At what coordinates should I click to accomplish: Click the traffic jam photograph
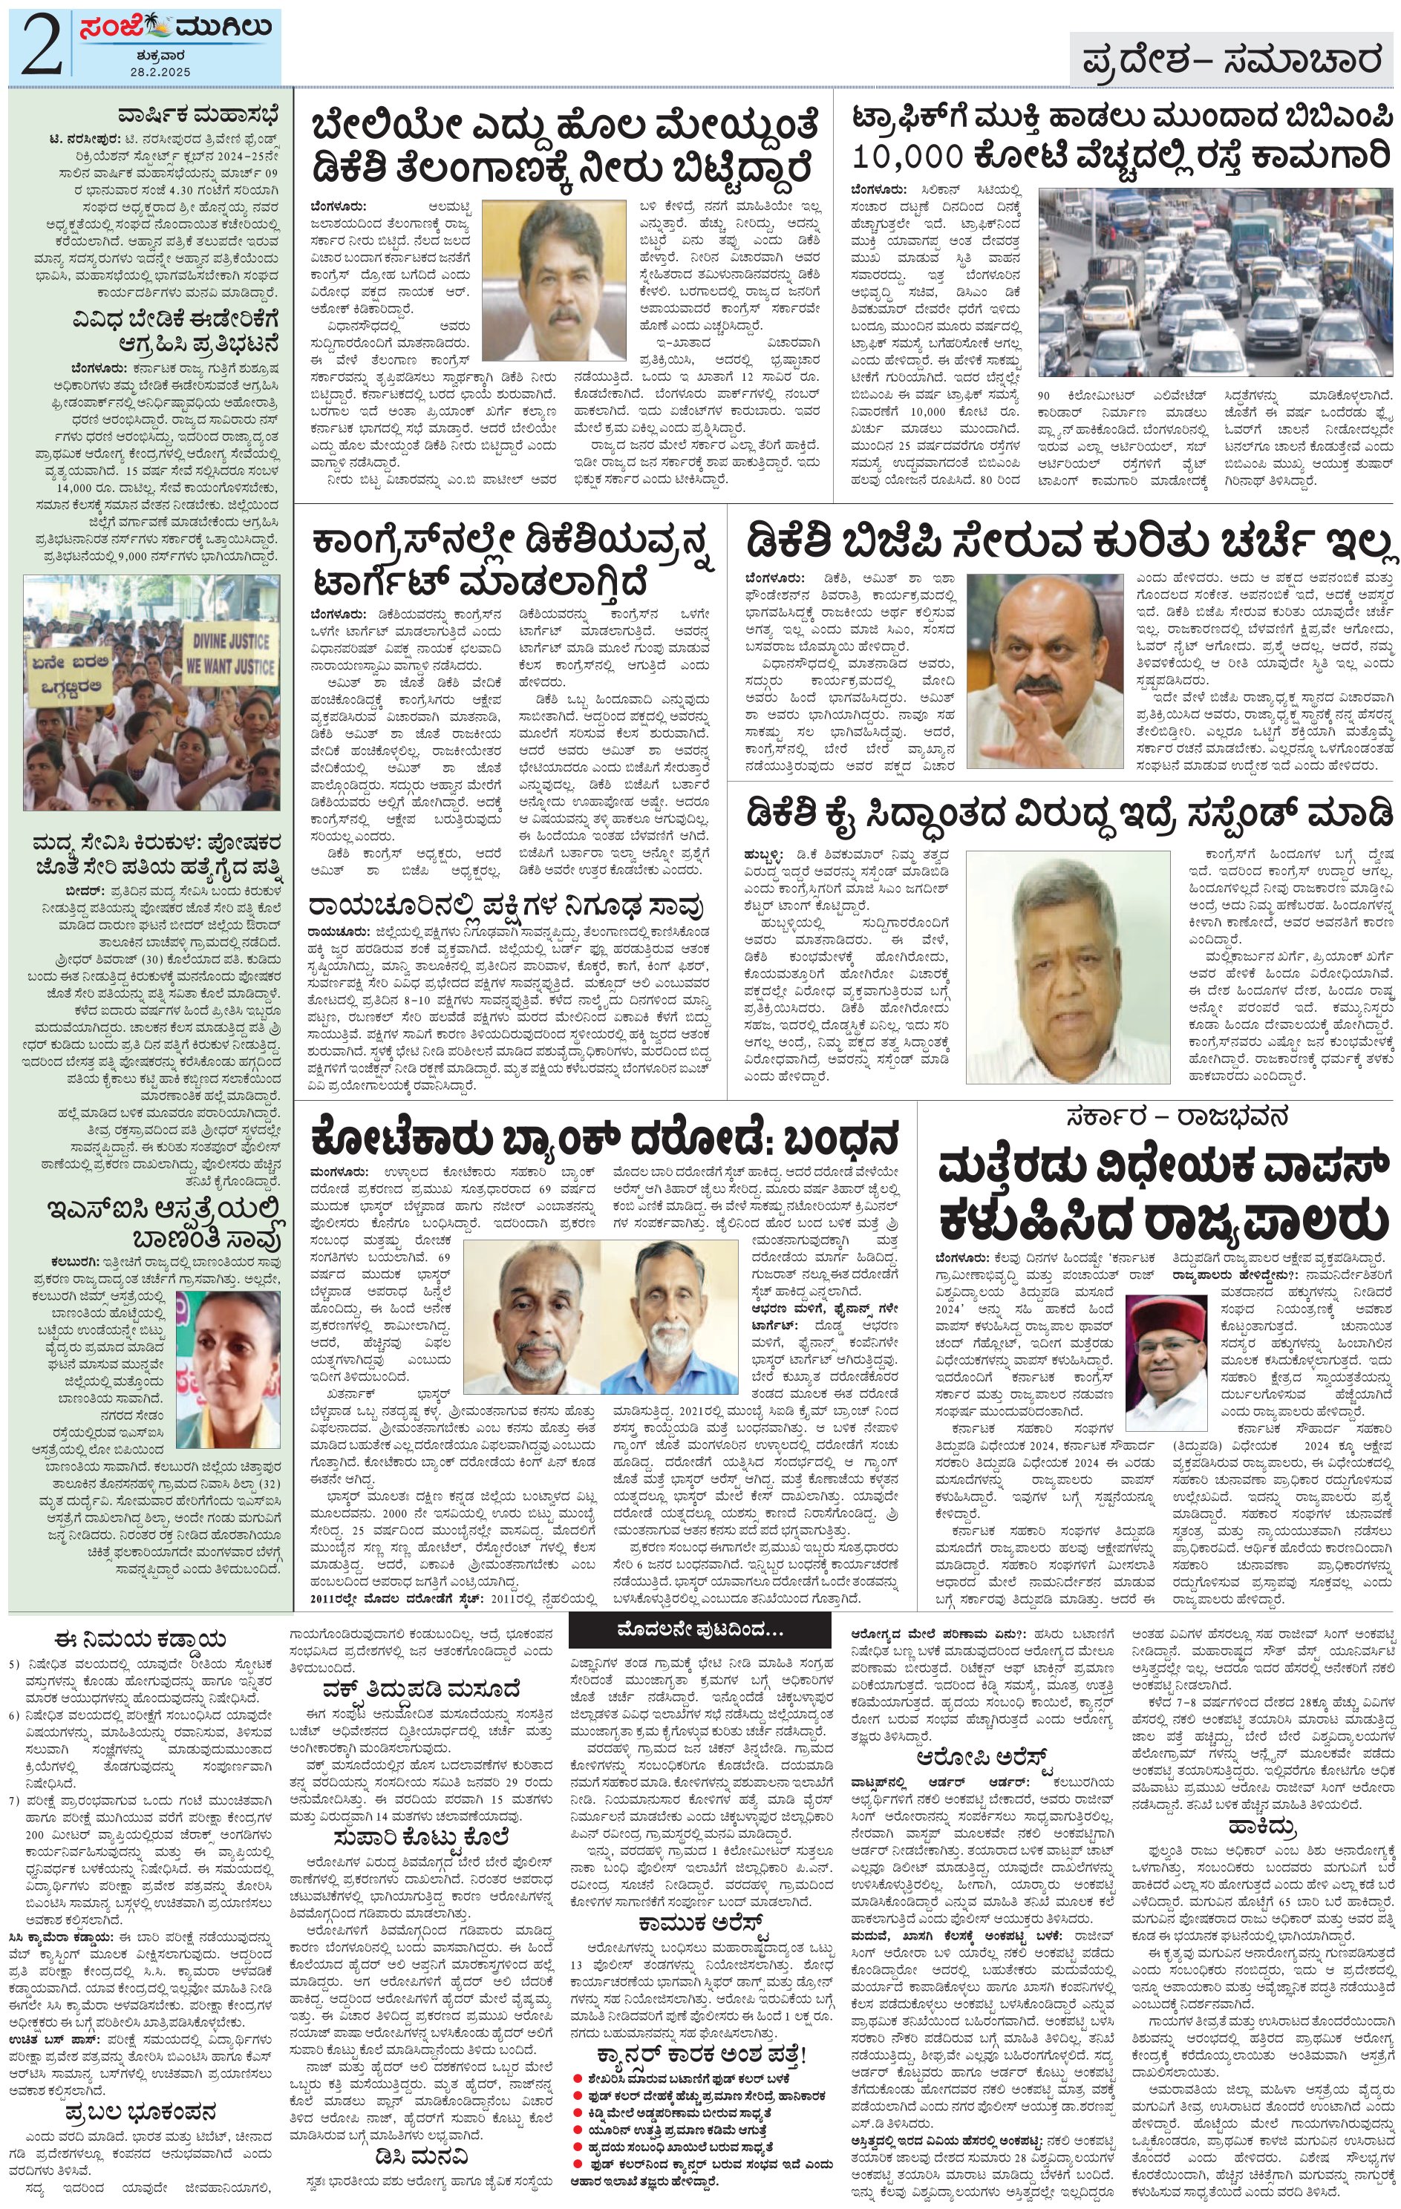pyautogui.click(x=1215, y=284)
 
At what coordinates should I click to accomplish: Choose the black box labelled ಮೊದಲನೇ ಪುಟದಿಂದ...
pyautogui.click(x=701, y=1629)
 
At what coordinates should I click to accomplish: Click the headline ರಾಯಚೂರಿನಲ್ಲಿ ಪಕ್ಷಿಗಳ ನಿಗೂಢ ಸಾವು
pyautogui.click(x=506, y=906)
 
